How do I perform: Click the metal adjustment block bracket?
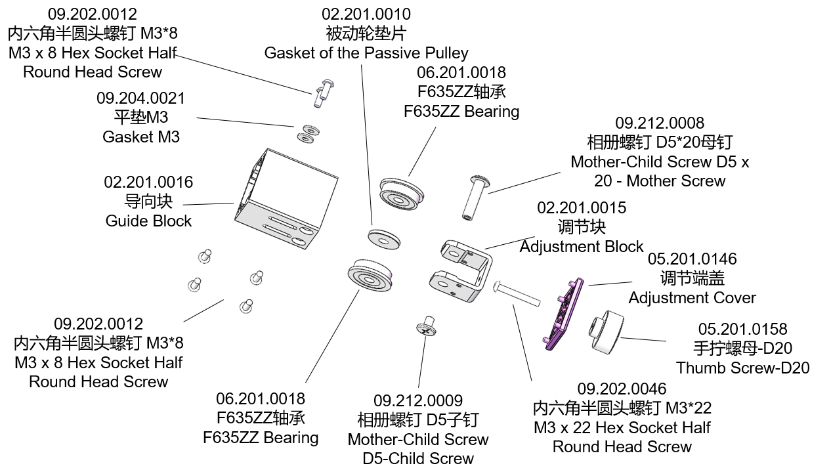pos(463,272)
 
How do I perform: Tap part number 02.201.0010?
pos(366,14)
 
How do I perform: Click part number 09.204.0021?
pos(141,98)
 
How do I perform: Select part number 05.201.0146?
pos(692,259)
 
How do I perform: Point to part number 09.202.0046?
pos(622,389)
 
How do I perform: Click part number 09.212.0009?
pos(418,400)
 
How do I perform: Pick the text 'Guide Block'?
pos(149,221)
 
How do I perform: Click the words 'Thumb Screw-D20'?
pos(742,368)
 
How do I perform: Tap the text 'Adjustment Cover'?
pos(692,297)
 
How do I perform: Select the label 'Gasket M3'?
pos(141,137)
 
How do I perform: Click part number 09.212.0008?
pos(660,123)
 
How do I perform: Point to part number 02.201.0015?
pos(582,207)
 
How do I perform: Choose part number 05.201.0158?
pos(742,329)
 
